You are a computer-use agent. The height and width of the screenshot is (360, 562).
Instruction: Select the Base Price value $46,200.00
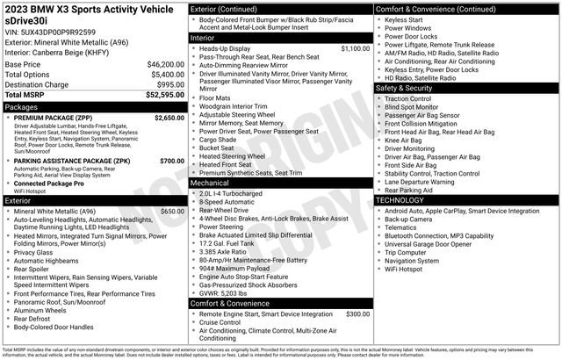(x=164, y=64)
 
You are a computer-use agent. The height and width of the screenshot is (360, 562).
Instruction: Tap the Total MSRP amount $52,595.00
(x=164, y=94)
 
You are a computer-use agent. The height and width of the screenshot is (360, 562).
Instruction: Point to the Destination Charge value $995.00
(x=169, y=84)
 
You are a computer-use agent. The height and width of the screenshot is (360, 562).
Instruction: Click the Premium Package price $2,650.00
(x=169, y=117)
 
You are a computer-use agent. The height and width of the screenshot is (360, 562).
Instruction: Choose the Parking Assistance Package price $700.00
(x=172, y=161)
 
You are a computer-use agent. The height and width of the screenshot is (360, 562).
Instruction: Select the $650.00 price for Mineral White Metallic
(x=172, y=212)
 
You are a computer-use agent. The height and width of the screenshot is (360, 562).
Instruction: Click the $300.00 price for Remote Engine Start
(x=357, y=313)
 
